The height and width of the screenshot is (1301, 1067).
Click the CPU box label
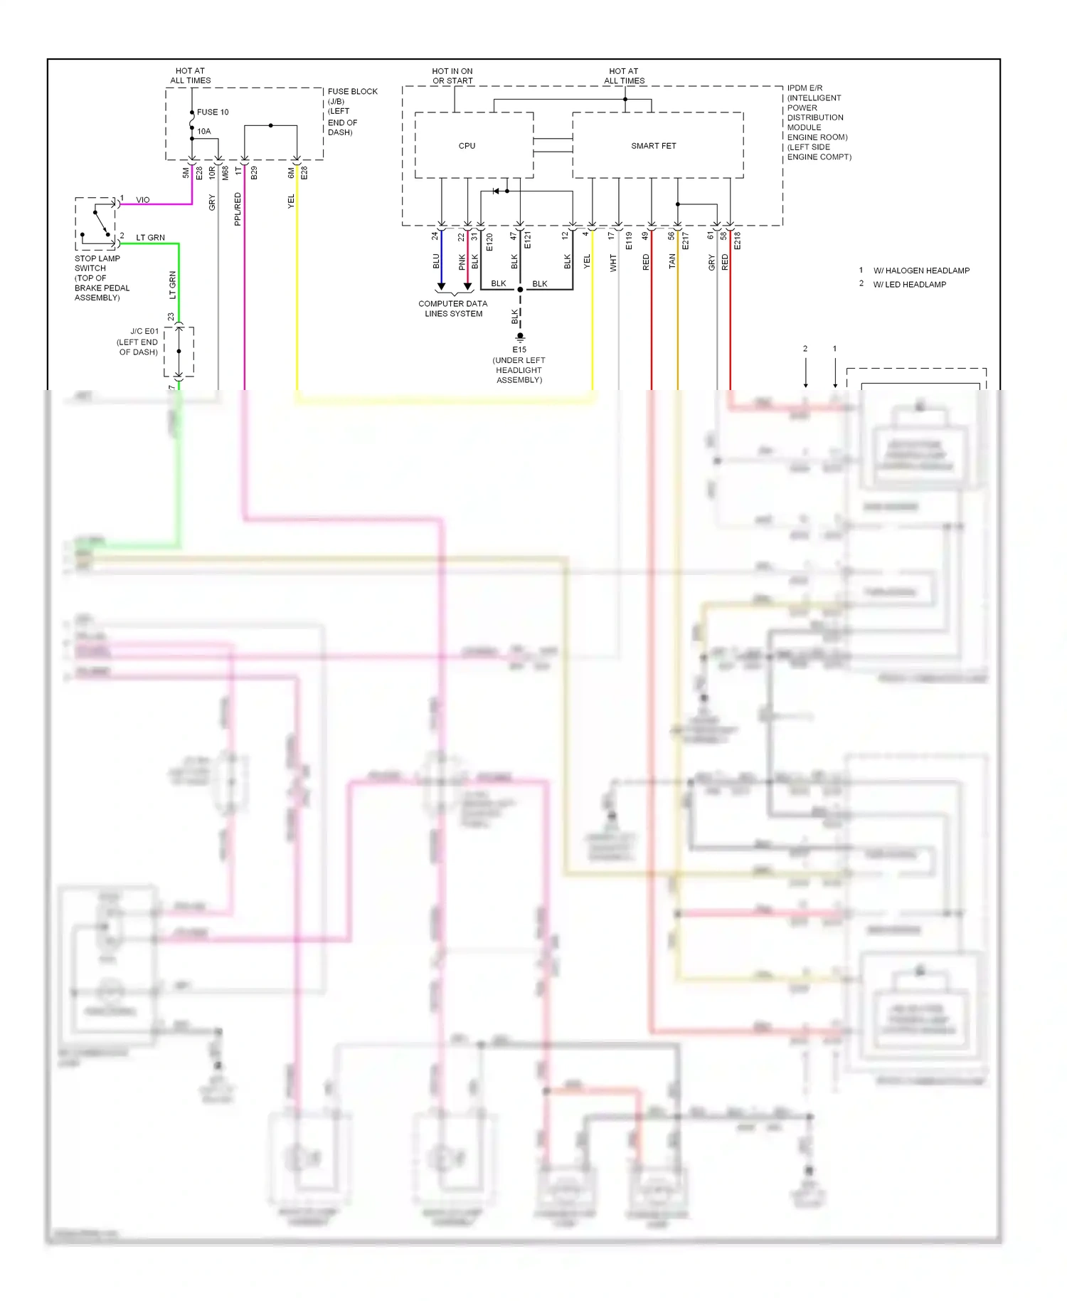pyautogui.click(x=467, y=146)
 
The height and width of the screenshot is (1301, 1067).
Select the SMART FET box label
pyautogui.click(x=653, y=146)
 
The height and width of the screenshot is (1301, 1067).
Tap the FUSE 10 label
pyautogui.click(x=213, y=112)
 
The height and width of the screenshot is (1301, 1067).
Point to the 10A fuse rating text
pyautogui.click(x=204, y=132)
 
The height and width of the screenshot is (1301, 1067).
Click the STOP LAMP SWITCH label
pyautogui.click(x=97, y=263)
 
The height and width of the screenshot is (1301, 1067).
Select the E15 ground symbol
pyautogui.click(x=520, y=336)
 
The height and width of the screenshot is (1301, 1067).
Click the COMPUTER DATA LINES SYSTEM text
pyautogui.click(x=453, y=309)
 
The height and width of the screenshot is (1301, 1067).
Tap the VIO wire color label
pyautogui.click(x=143, y=200)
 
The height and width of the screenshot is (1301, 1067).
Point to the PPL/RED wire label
pyautogui.click(x=238, y=209)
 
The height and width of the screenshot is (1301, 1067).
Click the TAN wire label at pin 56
pyautogui.click(x=672, y=262)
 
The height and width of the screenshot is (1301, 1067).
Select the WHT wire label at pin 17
pyautogui.click(x=613, y=263)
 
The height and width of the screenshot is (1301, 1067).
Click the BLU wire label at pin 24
pyautogui.click(x=436, y=262)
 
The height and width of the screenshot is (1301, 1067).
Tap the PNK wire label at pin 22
pyautogui.click(x=462, y=262)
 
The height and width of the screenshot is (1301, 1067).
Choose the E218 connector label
pyautogui.click(x=738, y=241)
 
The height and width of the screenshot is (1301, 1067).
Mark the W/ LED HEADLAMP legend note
pyautogui.click(x=909, y=285)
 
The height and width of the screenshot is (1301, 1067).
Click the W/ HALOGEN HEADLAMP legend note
pyautogui.click(x=921, y=270)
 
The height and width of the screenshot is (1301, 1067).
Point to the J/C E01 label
pyautogui.click(x=144, y=332)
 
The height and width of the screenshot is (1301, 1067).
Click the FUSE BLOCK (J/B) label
pyautogui.click(x=352, y=96)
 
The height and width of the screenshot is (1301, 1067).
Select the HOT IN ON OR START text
pyautogui.click(x=452, y=76)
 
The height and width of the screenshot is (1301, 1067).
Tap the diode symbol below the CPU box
pyautogui.click(x=497, y=191)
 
